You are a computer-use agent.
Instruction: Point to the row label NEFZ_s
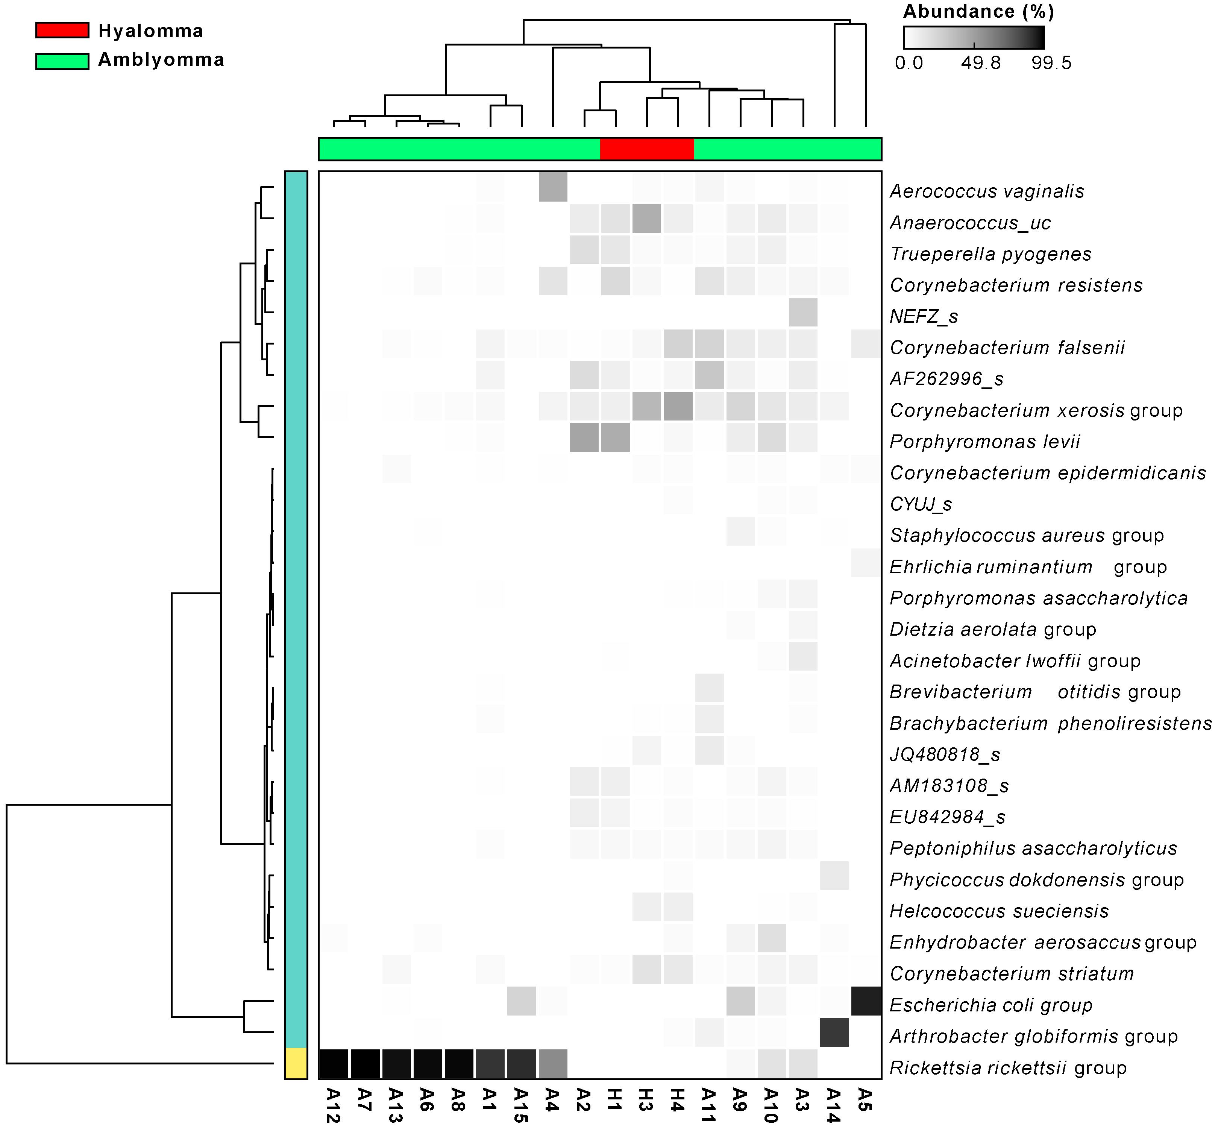tap(924, 316)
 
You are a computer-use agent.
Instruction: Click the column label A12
tap(333, 1105)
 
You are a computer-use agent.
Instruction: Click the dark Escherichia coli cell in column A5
tap(866, 1001)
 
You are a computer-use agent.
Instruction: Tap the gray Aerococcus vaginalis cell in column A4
tap(552, 187)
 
